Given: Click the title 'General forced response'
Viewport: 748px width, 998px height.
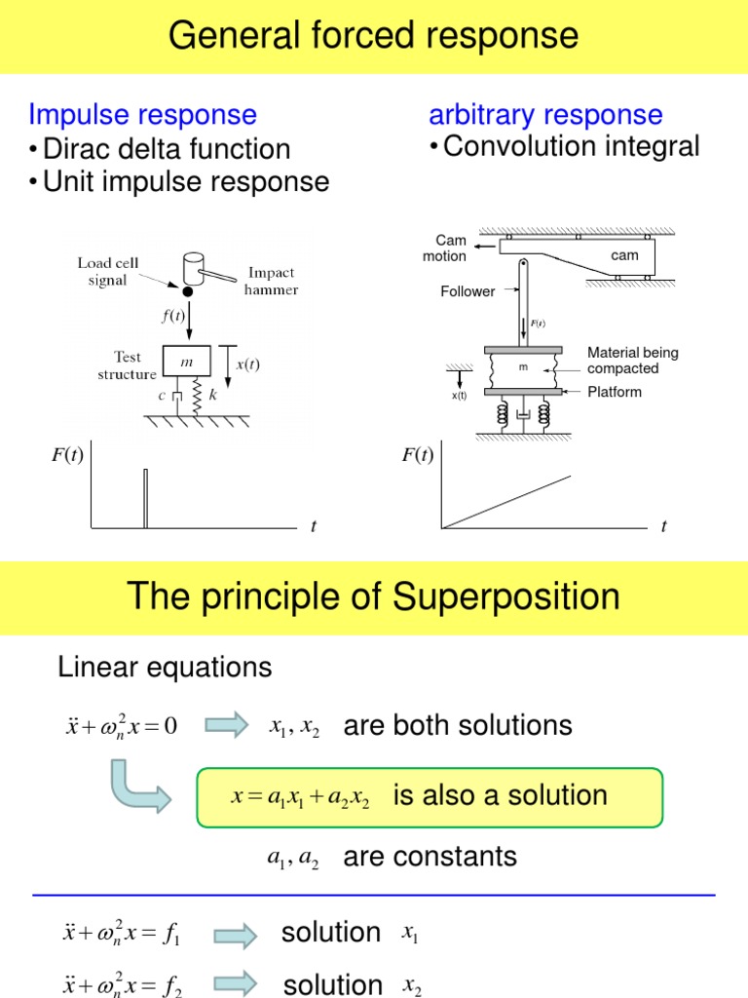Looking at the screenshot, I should pos(374,36).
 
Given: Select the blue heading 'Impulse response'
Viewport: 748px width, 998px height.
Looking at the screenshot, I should pos(142,115).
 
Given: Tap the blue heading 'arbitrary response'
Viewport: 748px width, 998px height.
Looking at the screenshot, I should pos(545,115).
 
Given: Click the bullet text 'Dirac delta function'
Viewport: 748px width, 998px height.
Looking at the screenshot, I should pos(166,149).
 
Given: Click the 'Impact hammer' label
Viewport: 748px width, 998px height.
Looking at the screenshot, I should pos(272,281).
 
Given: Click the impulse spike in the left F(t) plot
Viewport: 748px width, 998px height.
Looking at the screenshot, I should pos(145,497).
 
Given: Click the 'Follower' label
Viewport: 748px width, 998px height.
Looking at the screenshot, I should pos(467,291).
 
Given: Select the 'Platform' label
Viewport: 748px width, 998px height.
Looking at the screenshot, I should pos(615,392).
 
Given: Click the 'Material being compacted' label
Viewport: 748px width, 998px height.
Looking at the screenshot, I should pos(632,361).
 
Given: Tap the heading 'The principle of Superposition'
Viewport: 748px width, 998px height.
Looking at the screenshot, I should pos(374,596).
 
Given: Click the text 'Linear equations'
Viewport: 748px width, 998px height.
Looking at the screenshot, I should pos(165,668).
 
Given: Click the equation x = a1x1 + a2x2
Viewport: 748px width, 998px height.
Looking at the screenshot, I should pos(300,796).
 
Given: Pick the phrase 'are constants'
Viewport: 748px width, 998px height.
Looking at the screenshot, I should pos(430,857).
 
